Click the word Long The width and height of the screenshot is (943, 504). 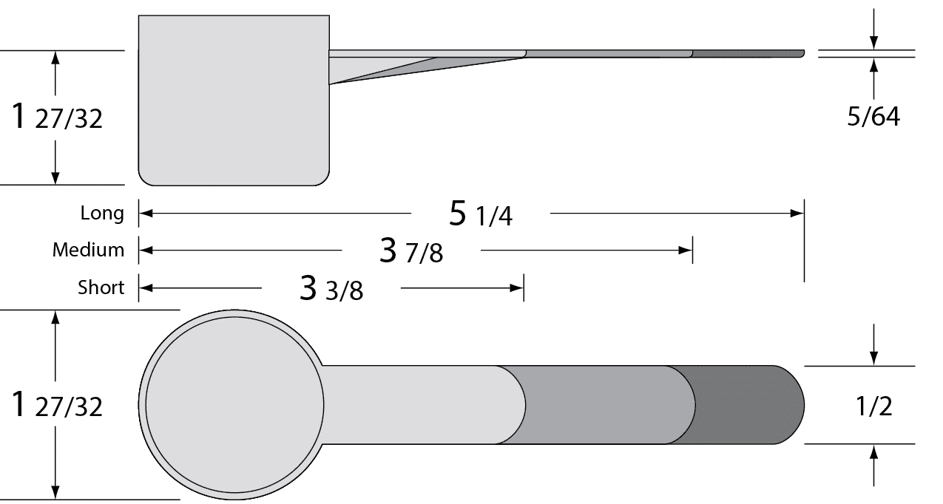coord(102,214)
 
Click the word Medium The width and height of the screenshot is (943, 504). coord(89,250)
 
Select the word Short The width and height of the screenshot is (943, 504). coord(101,287)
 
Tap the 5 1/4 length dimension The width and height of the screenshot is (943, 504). coord(481,214)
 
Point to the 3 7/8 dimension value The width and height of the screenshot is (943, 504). coord(411,251)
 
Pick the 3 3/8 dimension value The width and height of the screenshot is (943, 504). coord(331,288)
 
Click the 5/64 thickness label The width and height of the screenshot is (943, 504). coord(873,117)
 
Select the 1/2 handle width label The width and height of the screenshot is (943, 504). coord(874,406)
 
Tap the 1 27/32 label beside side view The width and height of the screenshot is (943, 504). coord(57,117)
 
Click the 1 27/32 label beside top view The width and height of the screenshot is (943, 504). coord(57,405)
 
